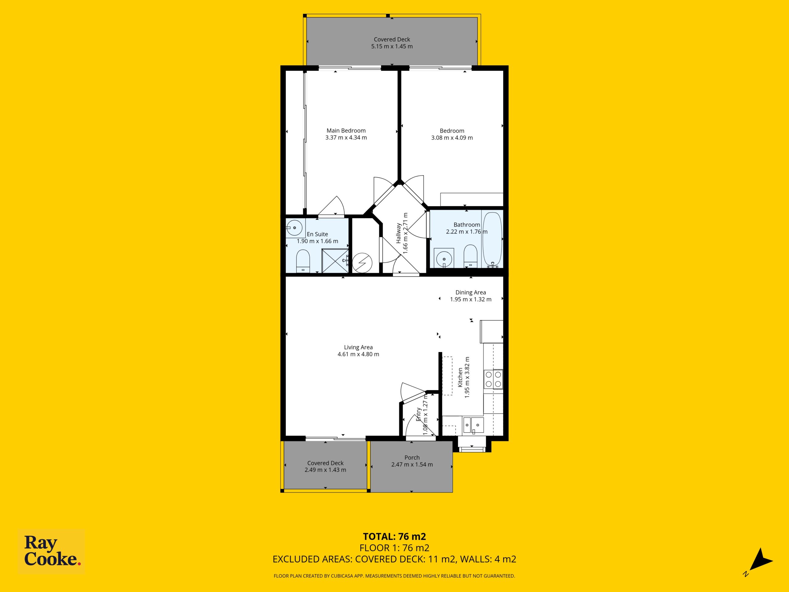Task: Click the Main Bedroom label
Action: pyautogui.click(x=346, y=131)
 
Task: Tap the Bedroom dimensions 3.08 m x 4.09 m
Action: pyautogui.click(x=452, y=138)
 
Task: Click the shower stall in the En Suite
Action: pyautogui.click(x=335, y=261)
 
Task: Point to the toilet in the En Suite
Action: pyautogui.click(x=303, y=261)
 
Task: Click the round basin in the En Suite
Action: pyautogui.click(x=295, y=227)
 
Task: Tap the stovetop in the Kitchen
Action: pyautogui.click(x=493, y=379)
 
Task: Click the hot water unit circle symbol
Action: pyautogui.click(x=362, y=263)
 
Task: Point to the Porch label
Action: pyautogui.click(x=412, y=458)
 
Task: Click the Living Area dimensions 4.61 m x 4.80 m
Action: pyautogui.click(x=358, y=354)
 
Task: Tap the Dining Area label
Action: pyautogui.click(x=471, y=293)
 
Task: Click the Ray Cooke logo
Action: pyautogui.click(x=51, y=551)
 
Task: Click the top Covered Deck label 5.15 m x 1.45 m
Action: pyautogui.click(x=392, y=43)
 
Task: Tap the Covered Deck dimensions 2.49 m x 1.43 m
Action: pyautogui.click(x=325, y=470)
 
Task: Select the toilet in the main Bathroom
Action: pyautogui.click(x=471, y=256)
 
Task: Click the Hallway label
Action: pyautogui.click(x=399, y=233)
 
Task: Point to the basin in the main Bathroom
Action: pyautogui.click(x=444, y=258)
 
